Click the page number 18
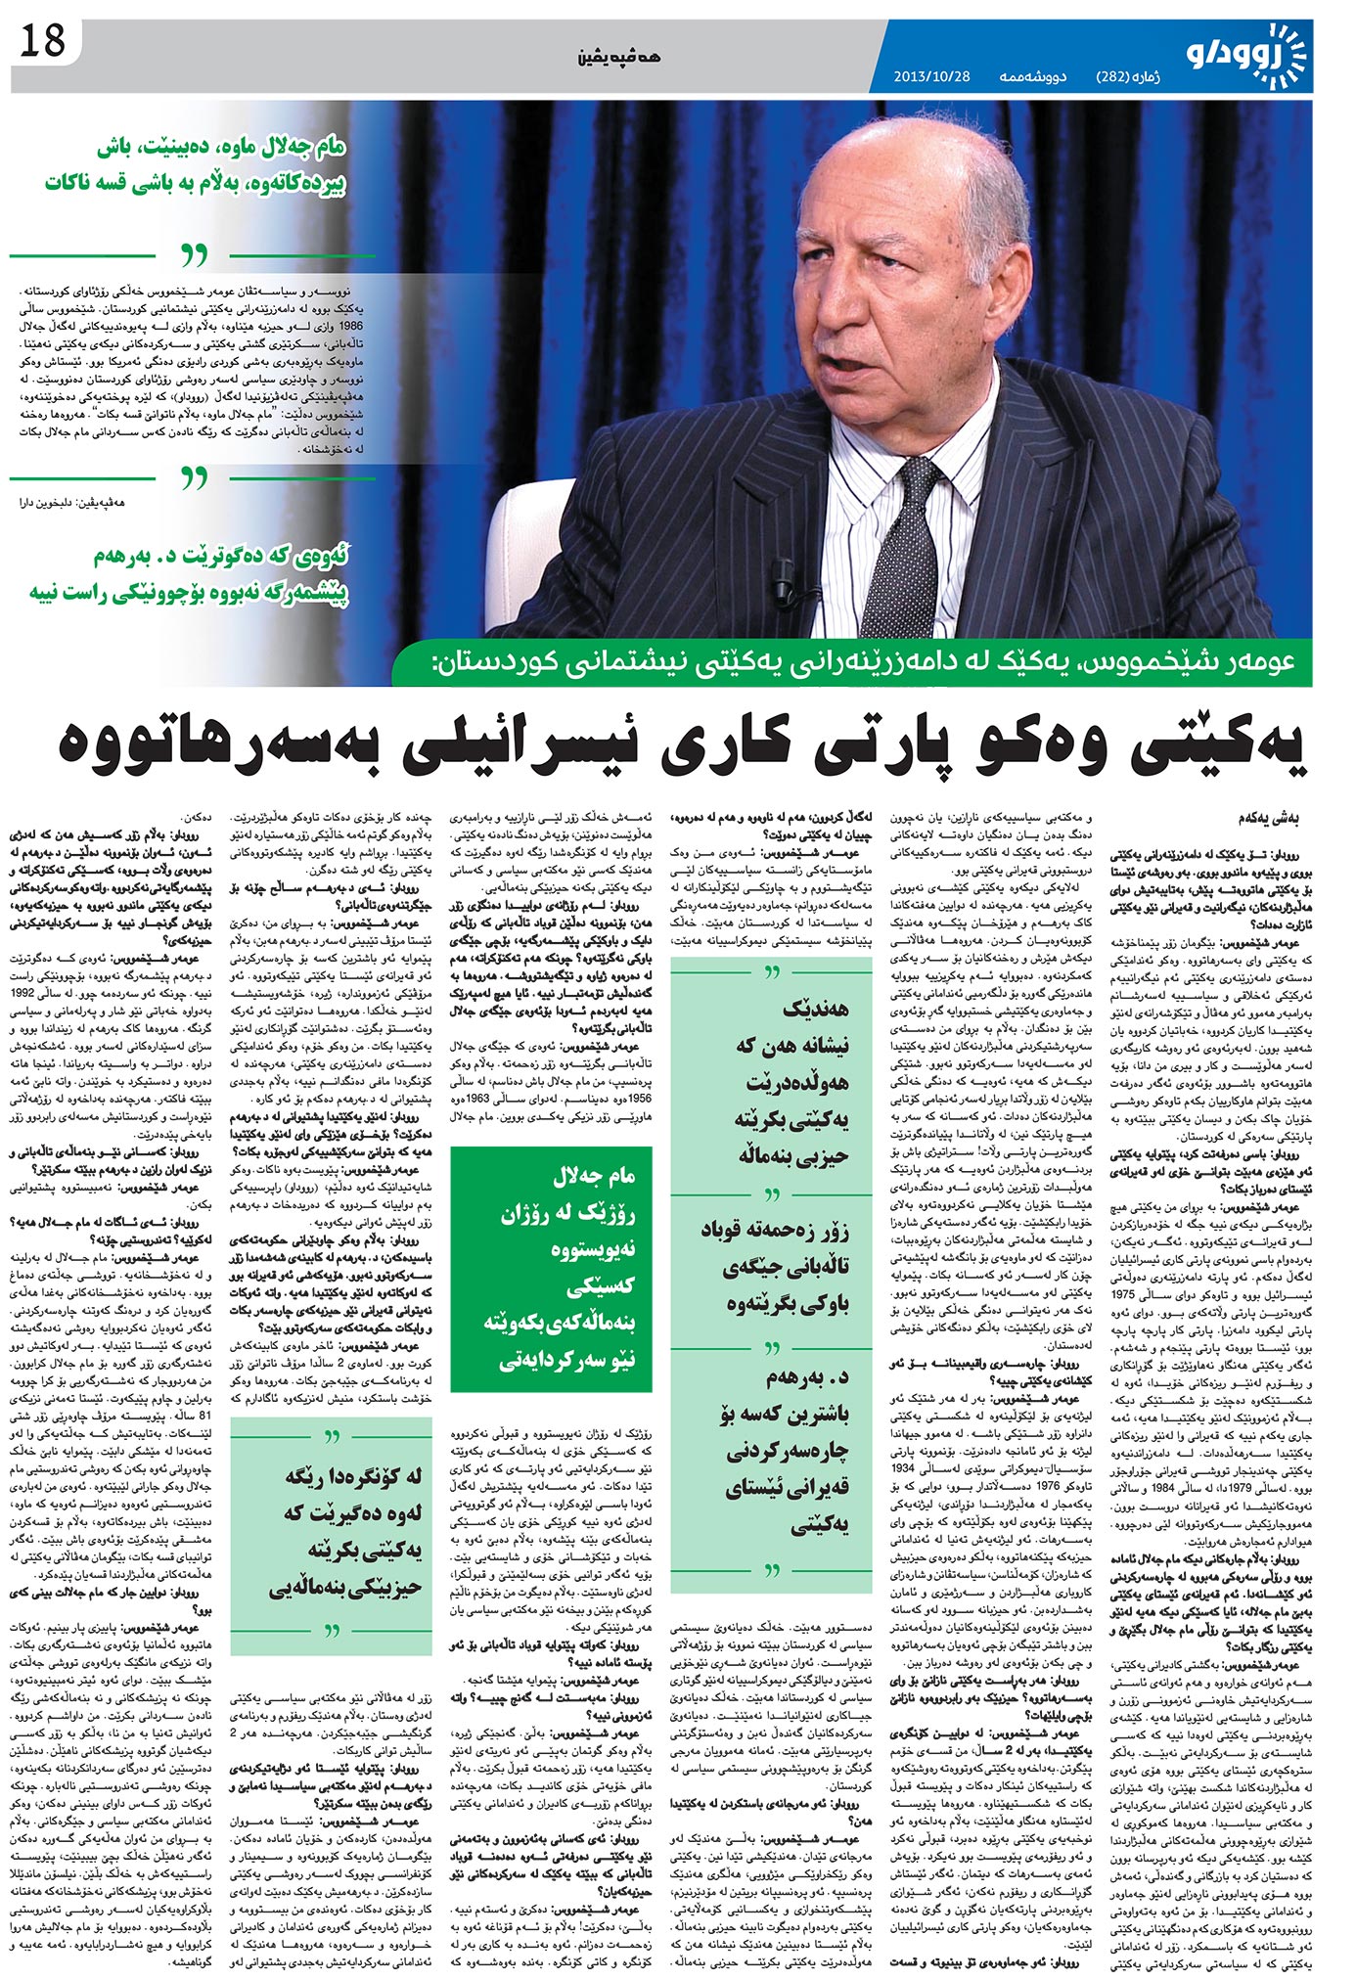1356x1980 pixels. pyautogui.click(x=42, y=41)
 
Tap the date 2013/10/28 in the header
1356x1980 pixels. pyautogui.click(x=931, y=75)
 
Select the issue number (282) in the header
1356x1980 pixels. pyautogui.click(x=1118, y=75)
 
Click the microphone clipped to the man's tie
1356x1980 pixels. pyautogui.click(x=784, y=591)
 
